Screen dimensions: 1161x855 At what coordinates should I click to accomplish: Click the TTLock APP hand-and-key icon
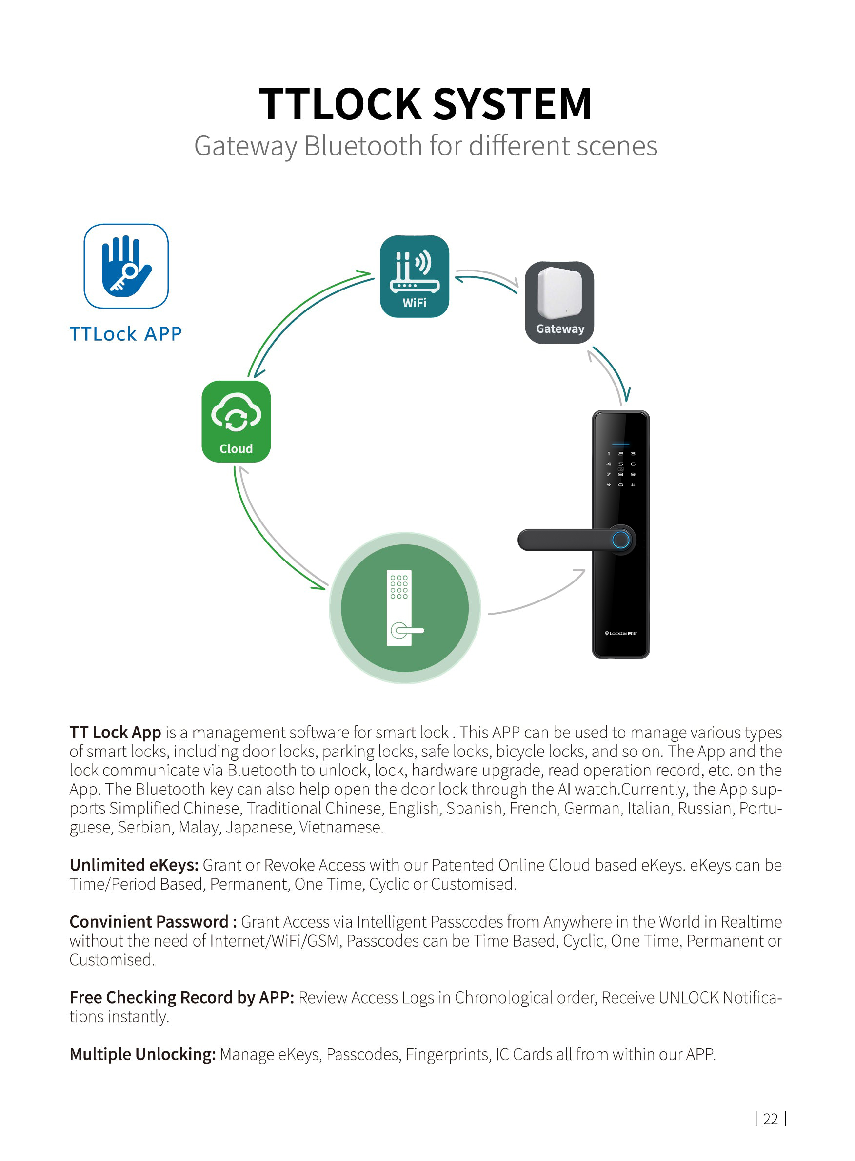(x=126, y=266)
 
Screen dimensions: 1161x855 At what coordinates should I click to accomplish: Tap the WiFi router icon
(x=414, y=276)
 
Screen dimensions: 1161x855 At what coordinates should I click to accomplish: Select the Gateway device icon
(x=559, y=302)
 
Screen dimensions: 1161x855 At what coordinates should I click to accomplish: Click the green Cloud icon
(x=236, y=422)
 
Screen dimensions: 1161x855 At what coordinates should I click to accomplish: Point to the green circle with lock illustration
(x=405, y=608)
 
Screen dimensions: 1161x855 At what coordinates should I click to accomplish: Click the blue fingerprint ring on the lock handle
(x=620, y=540)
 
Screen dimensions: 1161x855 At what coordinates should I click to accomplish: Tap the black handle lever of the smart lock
(x=564, y=540)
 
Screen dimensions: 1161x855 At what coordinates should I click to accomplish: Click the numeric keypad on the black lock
(x=620, y=469)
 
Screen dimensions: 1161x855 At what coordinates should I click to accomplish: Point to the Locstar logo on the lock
(x=620, y=633)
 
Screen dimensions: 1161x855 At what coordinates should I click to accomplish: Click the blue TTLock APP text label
(x=126, y=334)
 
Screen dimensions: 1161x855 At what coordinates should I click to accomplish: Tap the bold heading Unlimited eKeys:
(x=134, y=865)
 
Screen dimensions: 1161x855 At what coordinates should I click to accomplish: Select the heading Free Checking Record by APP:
(x=181, y=998)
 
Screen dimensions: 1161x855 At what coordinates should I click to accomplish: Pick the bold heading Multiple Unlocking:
(x=142, y=1054)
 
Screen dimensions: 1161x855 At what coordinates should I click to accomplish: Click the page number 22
(x=770, y=1119)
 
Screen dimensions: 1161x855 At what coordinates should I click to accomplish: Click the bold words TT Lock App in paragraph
(x=116, y=733)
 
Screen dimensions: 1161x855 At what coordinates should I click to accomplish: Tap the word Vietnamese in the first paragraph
(x=341, y=828)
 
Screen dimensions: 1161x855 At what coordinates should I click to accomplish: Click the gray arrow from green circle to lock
(x=538, y=597)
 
